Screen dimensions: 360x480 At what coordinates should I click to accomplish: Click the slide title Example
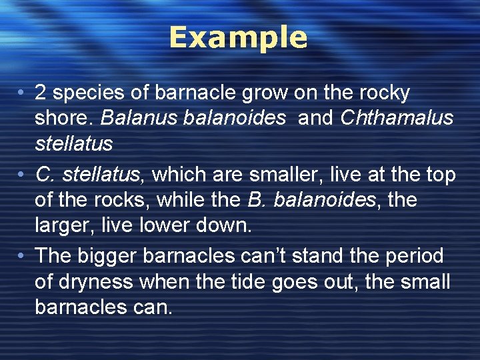[238, 38]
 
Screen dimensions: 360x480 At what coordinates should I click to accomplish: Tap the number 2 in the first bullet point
[41, 93]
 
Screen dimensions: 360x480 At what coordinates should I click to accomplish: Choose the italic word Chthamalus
[397, 119]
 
